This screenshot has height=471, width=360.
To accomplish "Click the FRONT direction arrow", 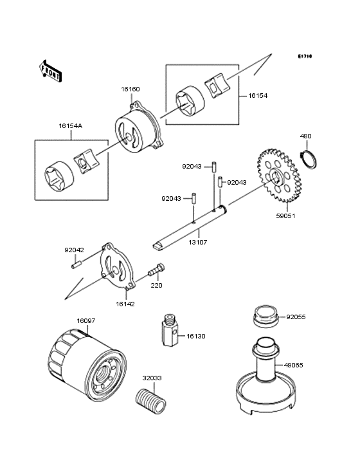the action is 50,71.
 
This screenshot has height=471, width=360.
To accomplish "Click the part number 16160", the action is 130,89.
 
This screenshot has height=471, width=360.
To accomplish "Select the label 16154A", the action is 71,126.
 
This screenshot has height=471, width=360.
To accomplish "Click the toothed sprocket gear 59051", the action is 278,176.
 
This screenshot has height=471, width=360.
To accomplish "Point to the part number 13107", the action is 198,242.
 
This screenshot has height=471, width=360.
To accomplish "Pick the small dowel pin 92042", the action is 76,265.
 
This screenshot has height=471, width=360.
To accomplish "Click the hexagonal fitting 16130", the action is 170,330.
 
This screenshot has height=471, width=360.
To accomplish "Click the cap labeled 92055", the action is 265,317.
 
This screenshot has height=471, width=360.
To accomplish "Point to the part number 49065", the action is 294,365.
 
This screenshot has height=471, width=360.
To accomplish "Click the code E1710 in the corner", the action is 305,56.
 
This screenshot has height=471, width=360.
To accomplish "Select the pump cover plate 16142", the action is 117,266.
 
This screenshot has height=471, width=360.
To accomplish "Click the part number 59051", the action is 285,216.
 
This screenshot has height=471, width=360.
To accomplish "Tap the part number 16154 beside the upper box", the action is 258,96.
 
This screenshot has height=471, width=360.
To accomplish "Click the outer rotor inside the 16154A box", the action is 59,176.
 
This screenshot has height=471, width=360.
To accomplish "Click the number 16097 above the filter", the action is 86,321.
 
